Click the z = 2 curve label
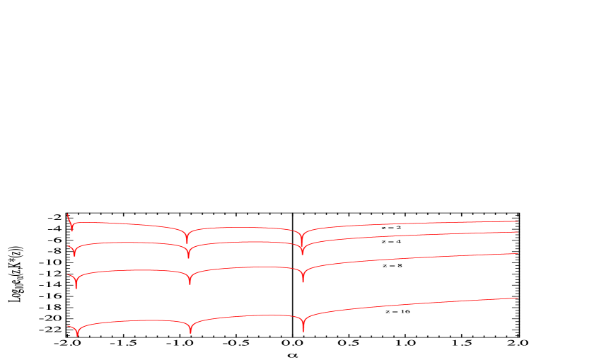point(391,228)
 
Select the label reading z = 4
point(391,241)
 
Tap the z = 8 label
point(392,265)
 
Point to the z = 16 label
point(397,312)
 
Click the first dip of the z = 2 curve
point(71,230)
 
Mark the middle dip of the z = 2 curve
point(187,243)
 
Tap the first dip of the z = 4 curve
point(74,255)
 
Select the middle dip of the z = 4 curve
point(188,257)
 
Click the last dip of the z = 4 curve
point(302,254)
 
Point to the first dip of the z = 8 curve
point(76,288)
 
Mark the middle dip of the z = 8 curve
point(190,284)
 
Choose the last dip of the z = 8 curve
point(303,281)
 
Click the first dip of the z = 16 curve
point(77,335)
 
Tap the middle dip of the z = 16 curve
point(190,332)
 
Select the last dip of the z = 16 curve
point(303,330)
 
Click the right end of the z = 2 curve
point(518,221)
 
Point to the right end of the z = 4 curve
point(518,232)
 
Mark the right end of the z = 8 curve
point(518,253)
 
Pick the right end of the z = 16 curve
point(518,298)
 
